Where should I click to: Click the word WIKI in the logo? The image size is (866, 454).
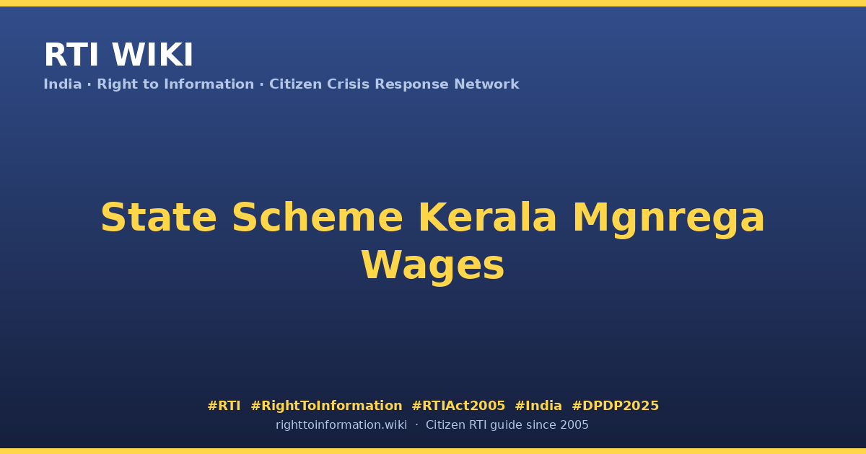152,55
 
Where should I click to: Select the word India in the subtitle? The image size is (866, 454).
63,84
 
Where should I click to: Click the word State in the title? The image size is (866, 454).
159,218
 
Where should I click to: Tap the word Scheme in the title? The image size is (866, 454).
318,218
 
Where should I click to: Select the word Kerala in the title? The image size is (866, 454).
488,218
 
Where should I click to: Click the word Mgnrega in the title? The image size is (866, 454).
668,219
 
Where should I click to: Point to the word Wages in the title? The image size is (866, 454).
433,267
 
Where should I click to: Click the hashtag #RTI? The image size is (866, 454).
224,406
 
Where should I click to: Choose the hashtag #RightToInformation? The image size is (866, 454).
326,406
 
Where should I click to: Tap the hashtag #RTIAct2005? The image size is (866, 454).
458,406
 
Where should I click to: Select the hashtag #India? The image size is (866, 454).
538,406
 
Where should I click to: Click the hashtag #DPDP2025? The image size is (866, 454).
615,406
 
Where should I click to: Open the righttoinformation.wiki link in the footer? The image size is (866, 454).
341,425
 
